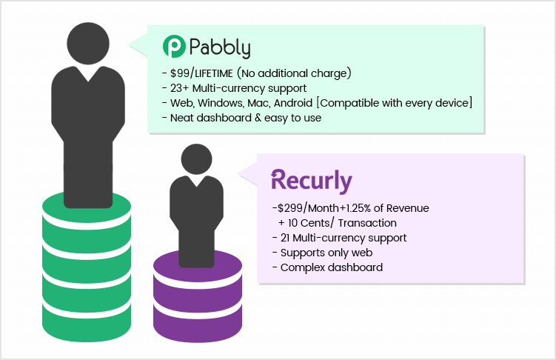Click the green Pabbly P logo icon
174,47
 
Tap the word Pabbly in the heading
220,48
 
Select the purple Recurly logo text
312,181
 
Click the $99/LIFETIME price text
201,73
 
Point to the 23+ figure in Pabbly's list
179,88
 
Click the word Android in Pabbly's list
293,103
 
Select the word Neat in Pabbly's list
181,118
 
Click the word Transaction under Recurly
367,223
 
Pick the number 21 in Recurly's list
285,238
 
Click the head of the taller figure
88,43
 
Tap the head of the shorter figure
196,159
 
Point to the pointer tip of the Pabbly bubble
129,44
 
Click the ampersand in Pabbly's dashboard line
258,118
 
